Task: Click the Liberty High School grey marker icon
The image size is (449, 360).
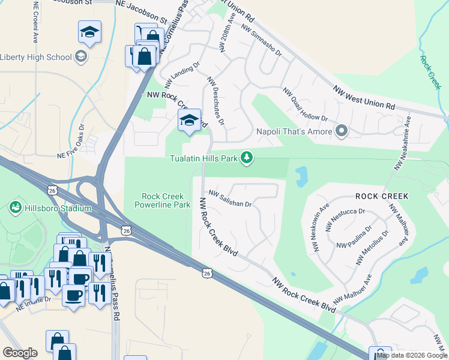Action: pos(81,58)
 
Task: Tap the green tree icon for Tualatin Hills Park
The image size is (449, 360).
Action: pos(246,158)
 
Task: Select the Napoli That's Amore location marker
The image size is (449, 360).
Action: pos(342,131)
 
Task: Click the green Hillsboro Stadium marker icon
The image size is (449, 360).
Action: pos(14,208)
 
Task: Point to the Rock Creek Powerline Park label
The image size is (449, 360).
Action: pos(166,200)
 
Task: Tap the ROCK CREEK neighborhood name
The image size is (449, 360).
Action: pos(381,196)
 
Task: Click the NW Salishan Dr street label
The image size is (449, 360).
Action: pos(230,199)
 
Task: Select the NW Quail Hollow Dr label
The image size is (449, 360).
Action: pos(306,106)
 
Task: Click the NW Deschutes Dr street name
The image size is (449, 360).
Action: pos(215,101)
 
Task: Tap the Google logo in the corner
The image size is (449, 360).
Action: pos(20,353)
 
